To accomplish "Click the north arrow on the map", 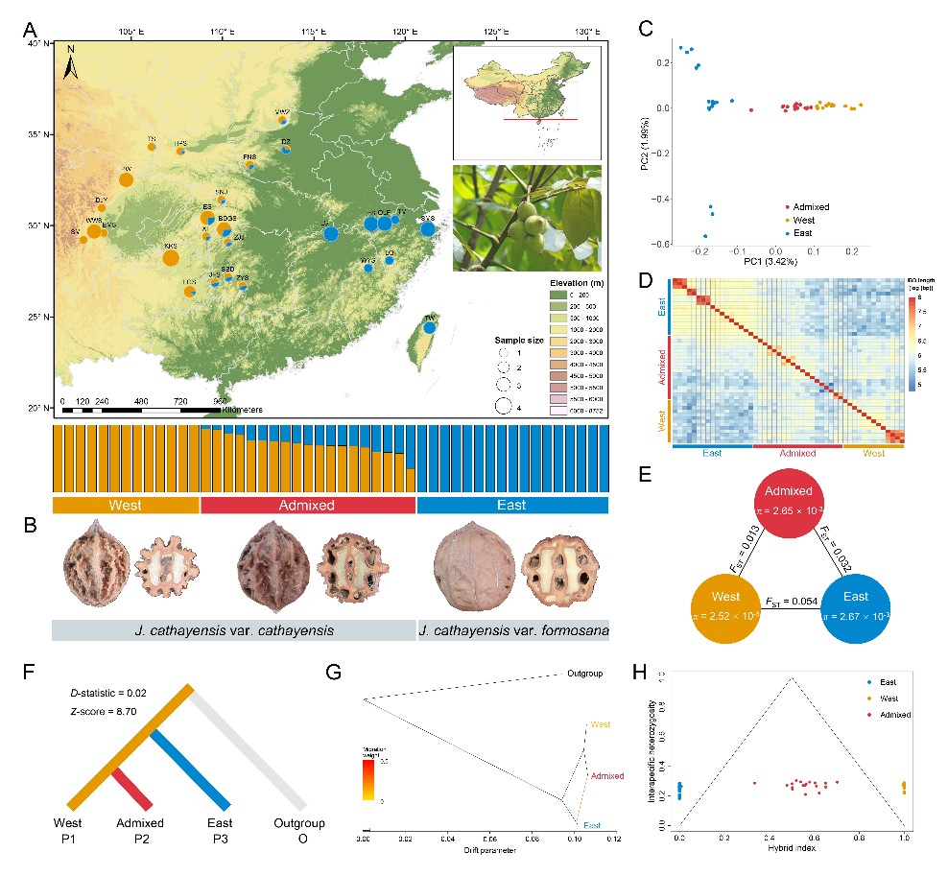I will pyautogui.click(x=71, y=64).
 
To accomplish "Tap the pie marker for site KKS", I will pyautogui.click(x=171, y=257).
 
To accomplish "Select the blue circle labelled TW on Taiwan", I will pyautogui.click(x=430, y=327).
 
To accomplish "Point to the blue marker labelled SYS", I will pyautogui.click(x=428, y=228).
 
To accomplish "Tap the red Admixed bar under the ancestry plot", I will pyautogui.click(x=307, y=505).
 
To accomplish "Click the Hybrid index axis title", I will pyautogui.click(x=792, y=849).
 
